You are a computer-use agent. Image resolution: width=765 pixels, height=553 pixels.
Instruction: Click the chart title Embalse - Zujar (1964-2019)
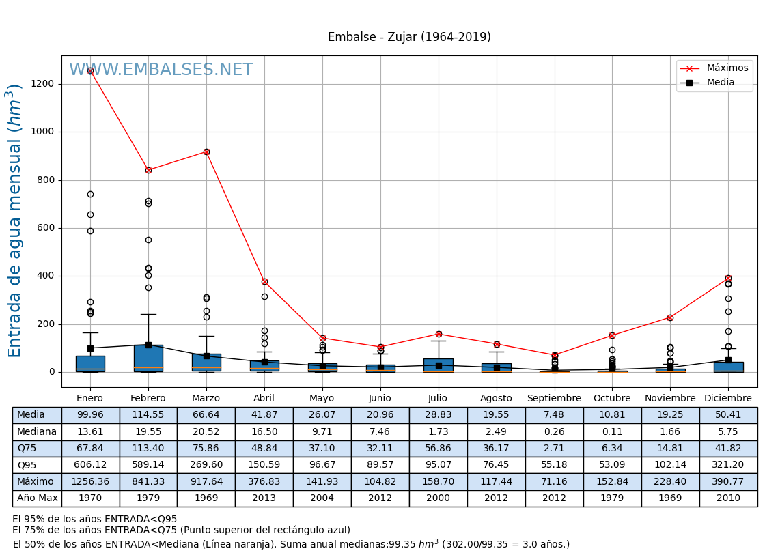(x=409, y=38)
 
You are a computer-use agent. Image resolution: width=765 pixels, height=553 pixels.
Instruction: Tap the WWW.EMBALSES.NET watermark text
(x=161, y=70)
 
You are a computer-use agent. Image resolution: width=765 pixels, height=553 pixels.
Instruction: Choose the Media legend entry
(x=721, y=83)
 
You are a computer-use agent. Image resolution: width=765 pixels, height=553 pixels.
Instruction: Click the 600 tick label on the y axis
(x=47, y=228)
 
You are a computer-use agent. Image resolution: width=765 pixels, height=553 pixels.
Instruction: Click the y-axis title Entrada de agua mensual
(x=15, y=221)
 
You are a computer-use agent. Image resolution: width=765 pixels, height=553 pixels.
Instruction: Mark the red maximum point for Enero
(x=90, y=70)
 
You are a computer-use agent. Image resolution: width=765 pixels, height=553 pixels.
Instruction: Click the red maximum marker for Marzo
(x=206, y=152)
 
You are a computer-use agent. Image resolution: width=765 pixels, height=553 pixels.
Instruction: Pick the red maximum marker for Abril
(x=264, y=281)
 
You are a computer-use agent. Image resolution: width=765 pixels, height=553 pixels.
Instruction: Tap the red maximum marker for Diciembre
(x=728, y=278)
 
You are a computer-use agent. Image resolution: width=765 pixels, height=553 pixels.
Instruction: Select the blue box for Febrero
(x=148, y=358)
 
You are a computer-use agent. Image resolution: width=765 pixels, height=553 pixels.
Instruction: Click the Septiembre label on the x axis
(x=554, y=399)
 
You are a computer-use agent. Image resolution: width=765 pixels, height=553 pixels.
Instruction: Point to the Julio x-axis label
(x=438, y=399)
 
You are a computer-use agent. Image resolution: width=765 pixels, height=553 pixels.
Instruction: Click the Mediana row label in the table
(x=37, y=431)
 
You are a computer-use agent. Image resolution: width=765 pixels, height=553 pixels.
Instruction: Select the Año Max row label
(x=37, y=498)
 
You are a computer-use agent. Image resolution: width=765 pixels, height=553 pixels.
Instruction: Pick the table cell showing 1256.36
(x=90, y=481)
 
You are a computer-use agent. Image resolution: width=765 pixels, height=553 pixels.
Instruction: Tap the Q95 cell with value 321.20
(x=728, y=465)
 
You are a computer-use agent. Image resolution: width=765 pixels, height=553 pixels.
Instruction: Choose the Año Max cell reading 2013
(x=264, y=498)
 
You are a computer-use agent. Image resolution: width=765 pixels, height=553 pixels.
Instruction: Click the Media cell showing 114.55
(x=148, y=415)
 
